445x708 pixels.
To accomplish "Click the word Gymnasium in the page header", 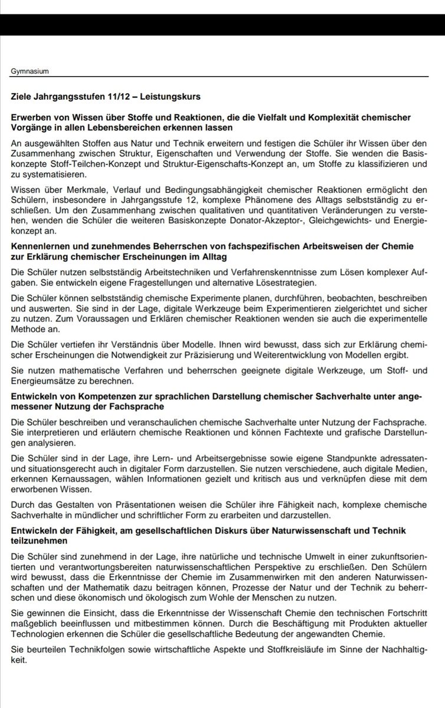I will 29,71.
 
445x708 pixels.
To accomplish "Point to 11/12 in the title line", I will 107,96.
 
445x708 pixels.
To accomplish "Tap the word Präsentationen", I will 122,505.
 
